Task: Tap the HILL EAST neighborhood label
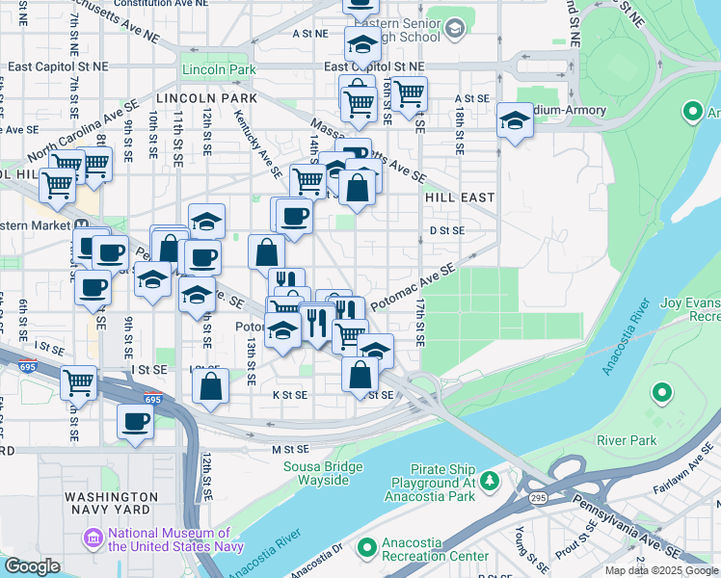click(460, 197)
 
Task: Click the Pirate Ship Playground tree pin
click(490, 479)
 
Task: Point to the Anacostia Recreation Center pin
click(366, 548)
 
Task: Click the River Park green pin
click(661, 393)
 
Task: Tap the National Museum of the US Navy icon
click(93, 537)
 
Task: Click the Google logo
click(32, 566)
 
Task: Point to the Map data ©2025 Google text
click(661, 570)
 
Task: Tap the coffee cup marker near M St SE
click(135, 421)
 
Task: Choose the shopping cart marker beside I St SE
click(78, 381)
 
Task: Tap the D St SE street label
click(447, 230)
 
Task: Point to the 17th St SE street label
click(420, 321)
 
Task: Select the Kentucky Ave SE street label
click(257, 143)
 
